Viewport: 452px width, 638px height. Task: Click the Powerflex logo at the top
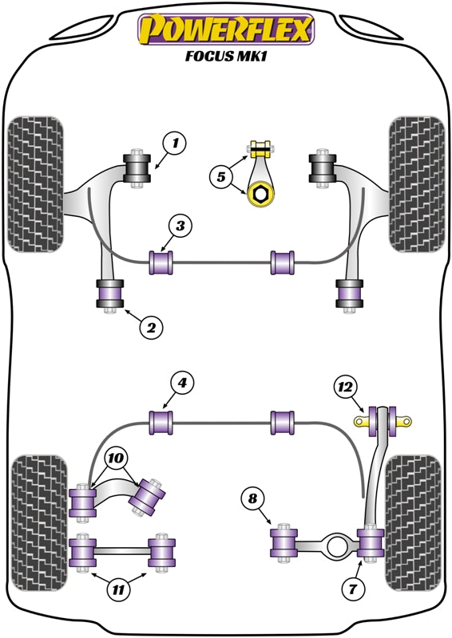coord(226,30)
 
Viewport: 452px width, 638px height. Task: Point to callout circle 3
coord(180,227)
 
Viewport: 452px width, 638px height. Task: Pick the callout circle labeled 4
coord(183,384)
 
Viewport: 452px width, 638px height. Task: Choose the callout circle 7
coord(351,589)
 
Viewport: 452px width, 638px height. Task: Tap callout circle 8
coord(252,499)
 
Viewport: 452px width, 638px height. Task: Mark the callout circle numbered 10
coord(117,458)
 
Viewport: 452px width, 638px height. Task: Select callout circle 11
coord(119,590)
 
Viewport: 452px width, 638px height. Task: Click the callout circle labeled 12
coord(345,388)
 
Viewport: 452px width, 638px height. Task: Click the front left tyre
coord(36,183)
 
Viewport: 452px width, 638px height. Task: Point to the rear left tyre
coord(37,522)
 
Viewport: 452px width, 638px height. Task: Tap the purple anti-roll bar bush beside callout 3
coord(162,262)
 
